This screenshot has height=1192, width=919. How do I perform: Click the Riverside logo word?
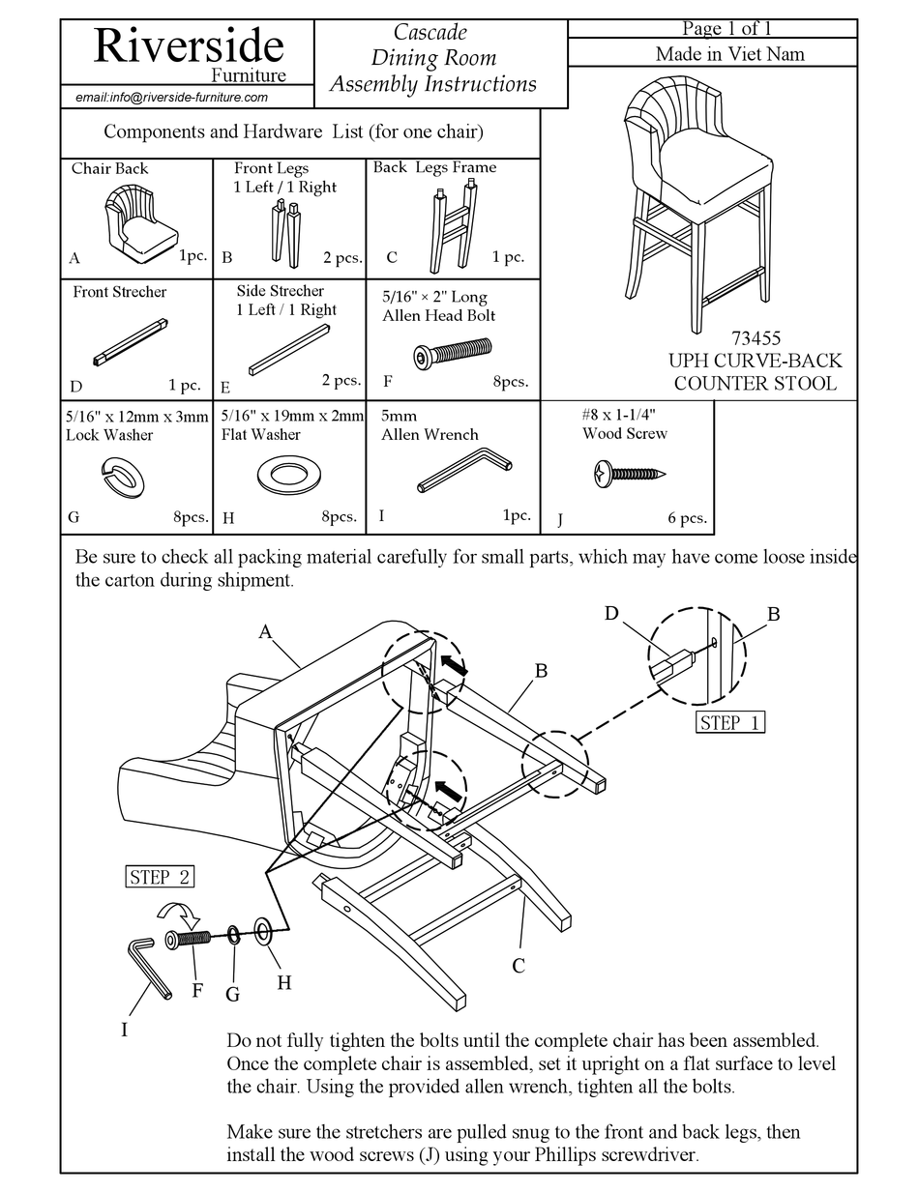[189, 44]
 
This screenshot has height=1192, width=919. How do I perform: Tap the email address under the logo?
[171, 97]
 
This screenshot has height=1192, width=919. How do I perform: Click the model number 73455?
[757, 338]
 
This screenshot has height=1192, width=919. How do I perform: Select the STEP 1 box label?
[730, 722]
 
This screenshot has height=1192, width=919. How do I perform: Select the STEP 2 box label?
[160, 877]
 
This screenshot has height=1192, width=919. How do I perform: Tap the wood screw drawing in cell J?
[628, 473]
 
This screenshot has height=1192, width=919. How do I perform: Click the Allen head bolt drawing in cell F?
[453, 355]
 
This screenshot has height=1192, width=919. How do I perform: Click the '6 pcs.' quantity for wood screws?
[686, 517]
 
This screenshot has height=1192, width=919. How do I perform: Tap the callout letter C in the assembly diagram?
[519, 965]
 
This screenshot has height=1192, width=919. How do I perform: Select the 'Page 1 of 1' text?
[726, 28]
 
